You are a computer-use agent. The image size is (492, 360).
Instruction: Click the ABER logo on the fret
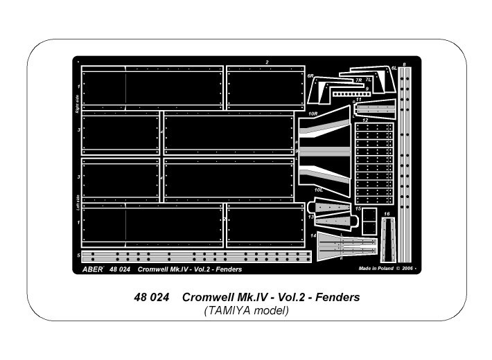(93, 268)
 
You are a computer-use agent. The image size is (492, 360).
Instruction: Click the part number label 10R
(313, 113)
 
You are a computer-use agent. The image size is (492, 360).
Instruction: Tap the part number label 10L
(318, 189)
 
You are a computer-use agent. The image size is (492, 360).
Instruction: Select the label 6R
(311, 75)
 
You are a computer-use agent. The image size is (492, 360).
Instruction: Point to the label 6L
(394, 69)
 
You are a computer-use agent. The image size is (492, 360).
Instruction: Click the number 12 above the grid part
(374, 120)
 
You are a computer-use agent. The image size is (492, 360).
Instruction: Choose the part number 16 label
(387, 214)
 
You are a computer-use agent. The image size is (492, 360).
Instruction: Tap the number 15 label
(358, 208)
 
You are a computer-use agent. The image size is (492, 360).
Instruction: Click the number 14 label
(313, 236)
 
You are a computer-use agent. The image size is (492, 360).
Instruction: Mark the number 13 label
(311, 216)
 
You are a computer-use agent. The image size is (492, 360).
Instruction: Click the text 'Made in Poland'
(376, 268)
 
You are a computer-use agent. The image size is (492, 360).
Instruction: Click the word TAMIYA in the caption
(229, 311)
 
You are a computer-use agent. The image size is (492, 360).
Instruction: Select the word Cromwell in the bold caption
(212, 297)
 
